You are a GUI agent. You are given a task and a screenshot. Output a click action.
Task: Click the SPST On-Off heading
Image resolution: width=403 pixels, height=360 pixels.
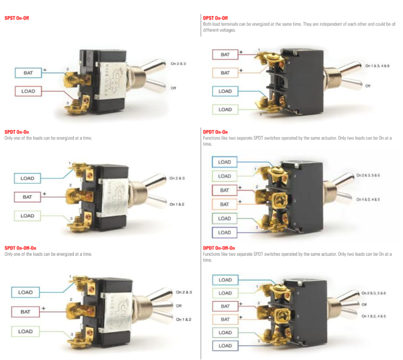(x=17, y=18)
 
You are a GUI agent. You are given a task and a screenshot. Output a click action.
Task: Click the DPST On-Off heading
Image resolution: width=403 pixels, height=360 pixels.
(x=216, y=18)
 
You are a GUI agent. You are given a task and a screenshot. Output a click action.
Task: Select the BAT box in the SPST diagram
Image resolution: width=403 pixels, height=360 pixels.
(x=28, y=73)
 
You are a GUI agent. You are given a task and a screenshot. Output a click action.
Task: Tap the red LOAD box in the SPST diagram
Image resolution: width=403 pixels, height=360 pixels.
(x=28, y=91)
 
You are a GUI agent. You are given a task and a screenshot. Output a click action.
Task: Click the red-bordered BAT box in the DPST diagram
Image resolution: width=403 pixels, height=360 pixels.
(x=225, y=55)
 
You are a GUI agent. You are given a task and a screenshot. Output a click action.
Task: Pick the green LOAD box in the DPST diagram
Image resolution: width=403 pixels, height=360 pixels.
(x=225, y=109)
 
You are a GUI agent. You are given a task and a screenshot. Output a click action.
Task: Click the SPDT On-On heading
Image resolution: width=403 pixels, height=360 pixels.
(x=17, y=132)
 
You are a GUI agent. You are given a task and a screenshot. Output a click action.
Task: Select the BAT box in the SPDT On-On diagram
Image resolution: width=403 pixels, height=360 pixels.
(x=28, y=196)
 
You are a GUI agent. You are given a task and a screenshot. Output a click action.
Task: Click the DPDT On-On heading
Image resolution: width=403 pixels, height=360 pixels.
(x=216, y=131)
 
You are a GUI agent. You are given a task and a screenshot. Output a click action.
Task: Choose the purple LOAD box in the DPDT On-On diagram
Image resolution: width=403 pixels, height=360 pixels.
(x=225, y=232)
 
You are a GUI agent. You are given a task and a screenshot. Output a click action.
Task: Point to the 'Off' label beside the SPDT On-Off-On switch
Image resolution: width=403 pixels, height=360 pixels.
(x=179, y=306)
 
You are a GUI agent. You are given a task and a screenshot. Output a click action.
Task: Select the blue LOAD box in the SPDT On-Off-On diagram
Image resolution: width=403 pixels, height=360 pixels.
(x=25, y=292)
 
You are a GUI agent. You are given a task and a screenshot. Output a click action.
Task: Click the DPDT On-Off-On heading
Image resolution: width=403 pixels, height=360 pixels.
(x=219, y=248)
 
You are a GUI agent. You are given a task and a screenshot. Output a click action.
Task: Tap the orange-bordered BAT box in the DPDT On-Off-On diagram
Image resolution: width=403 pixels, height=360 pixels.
(x=225, y=319)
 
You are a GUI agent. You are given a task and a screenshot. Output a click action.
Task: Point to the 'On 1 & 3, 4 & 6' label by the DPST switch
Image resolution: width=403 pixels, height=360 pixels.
(x=377, y=66)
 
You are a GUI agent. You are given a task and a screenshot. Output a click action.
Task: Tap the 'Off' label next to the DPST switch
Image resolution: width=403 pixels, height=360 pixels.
(x=368, y=86)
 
